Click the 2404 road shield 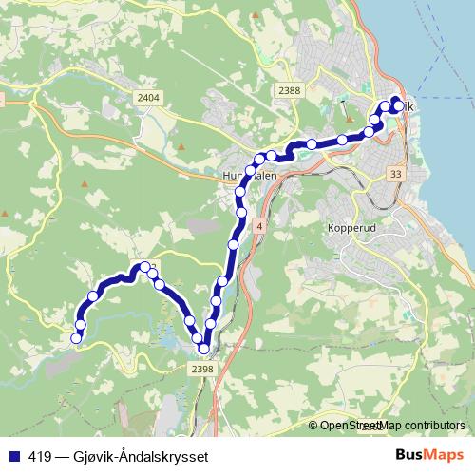point(148,98)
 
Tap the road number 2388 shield point(290,91)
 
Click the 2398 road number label point(201,369)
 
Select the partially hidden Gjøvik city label point(407,107)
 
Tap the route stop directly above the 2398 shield point(203,349)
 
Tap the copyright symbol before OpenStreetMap point(313,426)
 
